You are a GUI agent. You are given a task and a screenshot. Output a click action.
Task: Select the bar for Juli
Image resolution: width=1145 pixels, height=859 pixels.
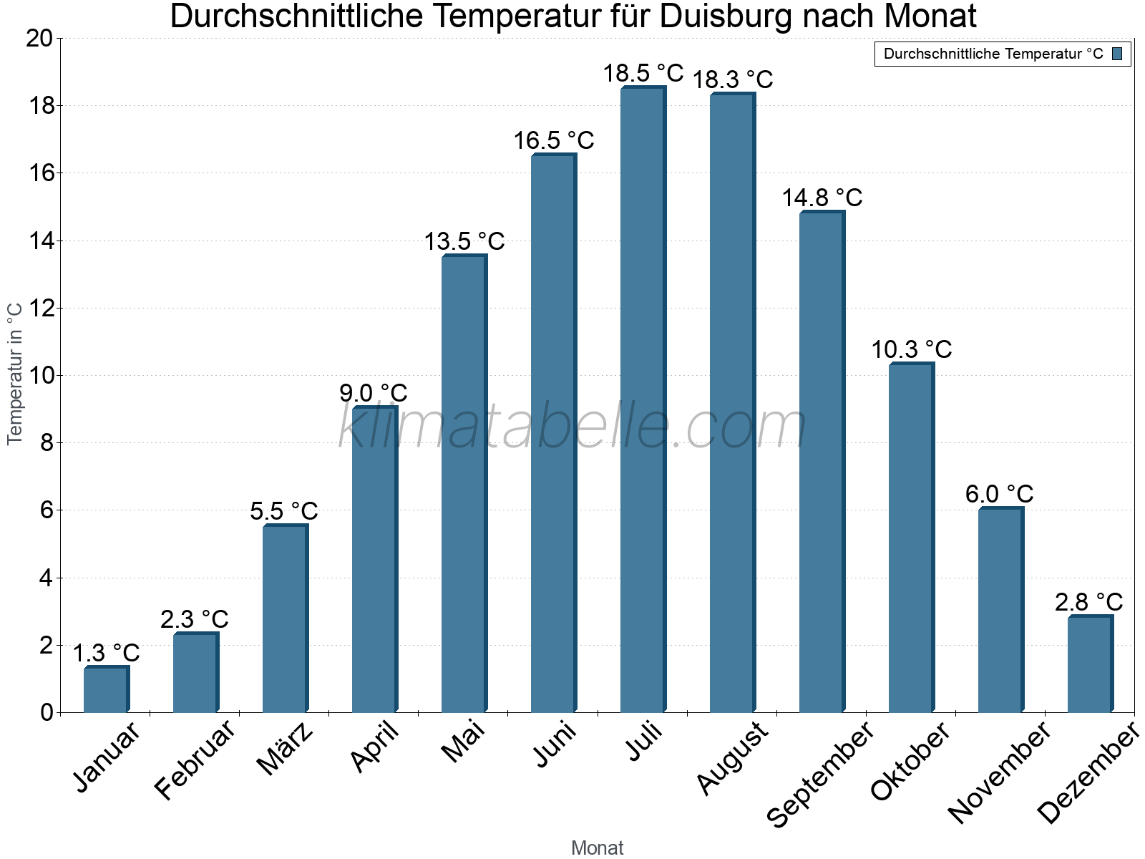[642, 401]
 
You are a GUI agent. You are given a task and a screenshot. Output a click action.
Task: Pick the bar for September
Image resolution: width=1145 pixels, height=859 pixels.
[821, 462]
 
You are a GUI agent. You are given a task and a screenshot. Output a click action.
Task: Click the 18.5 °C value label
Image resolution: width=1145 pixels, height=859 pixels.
[643, 73]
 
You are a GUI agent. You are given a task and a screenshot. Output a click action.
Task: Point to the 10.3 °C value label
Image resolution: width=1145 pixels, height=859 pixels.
[911, 349]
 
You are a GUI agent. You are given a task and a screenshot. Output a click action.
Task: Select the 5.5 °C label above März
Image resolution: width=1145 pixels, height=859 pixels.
[284, 511]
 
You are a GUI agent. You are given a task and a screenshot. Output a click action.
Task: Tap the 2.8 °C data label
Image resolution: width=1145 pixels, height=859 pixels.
[1088, 601]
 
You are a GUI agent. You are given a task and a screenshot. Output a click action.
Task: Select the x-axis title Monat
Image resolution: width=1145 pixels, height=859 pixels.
[597, 848]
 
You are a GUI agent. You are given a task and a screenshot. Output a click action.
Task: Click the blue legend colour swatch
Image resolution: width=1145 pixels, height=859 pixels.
[1117, 54]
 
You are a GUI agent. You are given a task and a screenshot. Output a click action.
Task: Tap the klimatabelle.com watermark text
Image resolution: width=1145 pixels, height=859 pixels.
[572, 427]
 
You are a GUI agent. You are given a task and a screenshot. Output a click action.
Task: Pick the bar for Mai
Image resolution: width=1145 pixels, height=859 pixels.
[463, 483]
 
